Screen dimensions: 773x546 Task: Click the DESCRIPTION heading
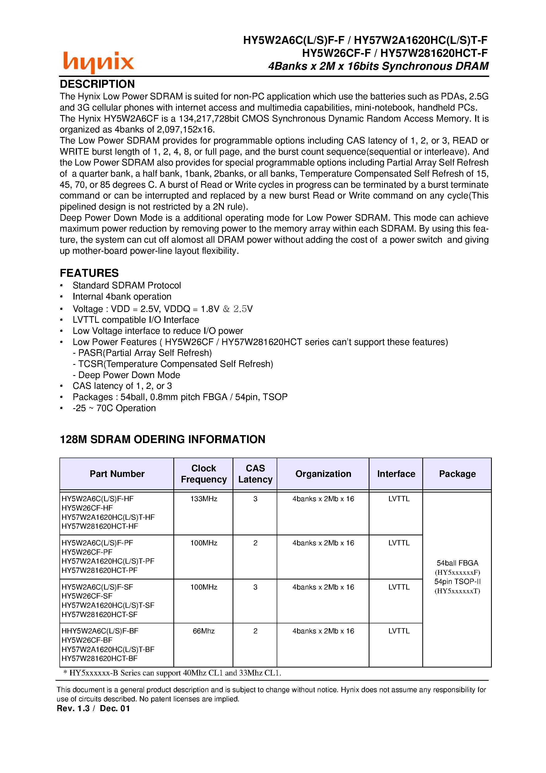click(97, 84)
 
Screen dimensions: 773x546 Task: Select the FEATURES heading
click(89, 273)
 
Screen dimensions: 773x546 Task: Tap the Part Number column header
click(117, 474)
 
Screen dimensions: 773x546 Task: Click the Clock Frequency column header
click(204, 474)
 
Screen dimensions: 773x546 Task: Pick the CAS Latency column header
click(255, 474)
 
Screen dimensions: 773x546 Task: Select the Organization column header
click(323, 474)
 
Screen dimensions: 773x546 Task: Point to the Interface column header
click(396, 474)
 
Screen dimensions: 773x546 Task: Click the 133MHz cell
click(204, 499)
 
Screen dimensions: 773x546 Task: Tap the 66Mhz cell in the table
click(204, 631)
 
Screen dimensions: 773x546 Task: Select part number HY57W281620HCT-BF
click(100, 658)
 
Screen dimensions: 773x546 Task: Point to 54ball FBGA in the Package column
click(457, 563)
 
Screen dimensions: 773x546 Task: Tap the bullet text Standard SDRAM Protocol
click(127, 286)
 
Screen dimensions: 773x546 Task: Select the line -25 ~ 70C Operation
click(114, 408)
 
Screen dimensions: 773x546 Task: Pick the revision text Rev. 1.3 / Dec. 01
click(93, 708)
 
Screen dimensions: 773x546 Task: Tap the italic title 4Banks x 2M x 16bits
click(378, 66)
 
